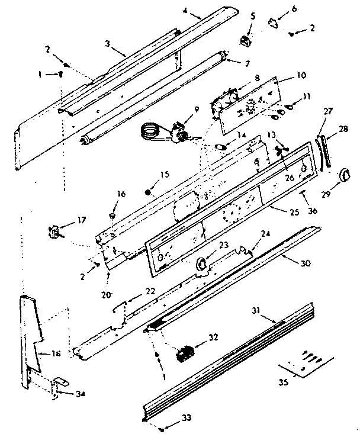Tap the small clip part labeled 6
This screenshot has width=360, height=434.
tap(272, 24)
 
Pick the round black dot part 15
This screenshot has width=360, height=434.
tap(148, 192)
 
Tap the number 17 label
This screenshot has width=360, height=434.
tap(81, 220)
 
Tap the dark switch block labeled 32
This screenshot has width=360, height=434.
tap(183, 353)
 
